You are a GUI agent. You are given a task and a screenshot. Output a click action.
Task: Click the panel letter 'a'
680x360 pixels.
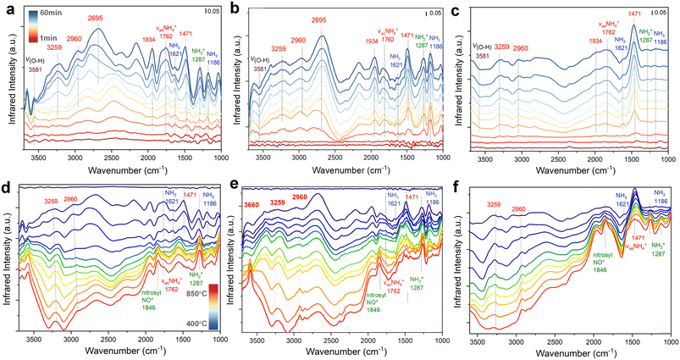click(7, 7)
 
